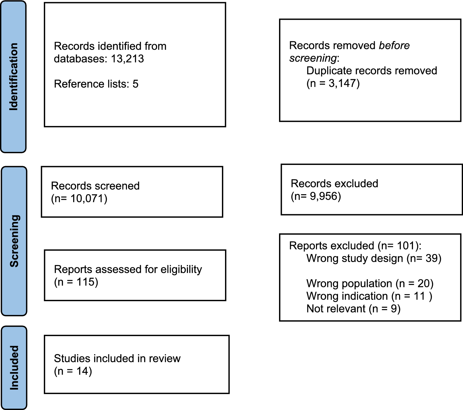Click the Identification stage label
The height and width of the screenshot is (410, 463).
pyautogui.click(x=14, y=77)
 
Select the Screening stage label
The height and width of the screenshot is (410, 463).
pyautogui.click(x=14, y=241)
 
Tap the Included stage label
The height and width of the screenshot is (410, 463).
pyautogui.click(x=14, y=367)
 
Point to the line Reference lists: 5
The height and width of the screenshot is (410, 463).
pyautogui.click(x=96, y=84)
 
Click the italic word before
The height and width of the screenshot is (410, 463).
pyautogui.click(x=394, y=46)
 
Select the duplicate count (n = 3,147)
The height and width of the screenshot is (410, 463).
pyautogui.click(x=333, y=83)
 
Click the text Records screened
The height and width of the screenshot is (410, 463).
pyautogui.click(x=95, y=186)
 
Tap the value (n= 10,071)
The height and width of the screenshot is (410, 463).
pyautogui.click(x=79, y=199)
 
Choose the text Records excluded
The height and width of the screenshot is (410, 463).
pyautogui.click(x=334, y=183)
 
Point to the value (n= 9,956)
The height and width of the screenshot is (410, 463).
pyautogui.click(x=316, y=196)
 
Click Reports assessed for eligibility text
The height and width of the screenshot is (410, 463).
pyautogui.click(x=128, y=269)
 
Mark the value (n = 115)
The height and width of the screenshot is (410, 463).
pyautogui.click(x=76, y=282)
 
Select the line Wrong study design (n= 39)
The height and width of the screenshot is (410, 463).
pyautogui.click(x=374, y=258)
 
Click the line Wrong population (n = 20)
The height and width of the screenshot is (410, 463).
pyautogui.click(x=370, y=283)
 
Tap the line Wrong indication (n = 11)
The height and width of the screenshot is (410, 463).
pyautogui.click(x=369, y=296)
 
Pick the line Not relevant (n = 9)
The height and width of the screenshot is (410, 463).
pyautogui.click(x=353, y=309)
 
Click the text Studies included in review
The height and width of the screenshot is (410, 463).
pyautogui.click(x=117, y=358)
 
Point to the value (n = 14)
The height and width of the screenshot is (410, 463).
pyautogui.click(x=73, y=371)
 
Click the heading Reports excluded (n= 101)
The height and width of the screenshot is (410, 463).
pyautogui.click(x=355, y=246)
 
